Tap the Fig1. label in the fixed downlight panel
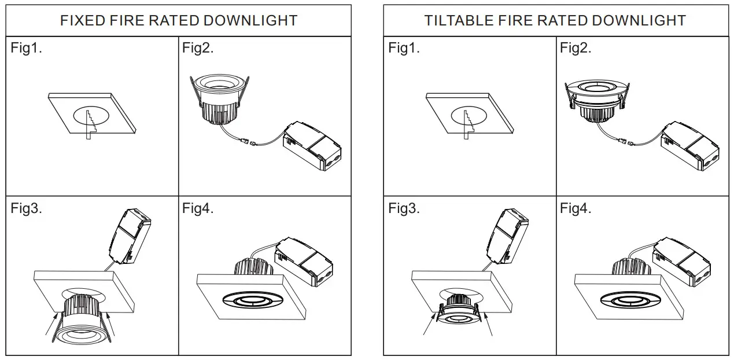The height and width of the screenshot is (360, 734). click(x=27, y=48)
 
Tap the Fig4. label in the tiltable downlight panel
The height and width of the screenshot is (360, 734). click(x=576, y=208)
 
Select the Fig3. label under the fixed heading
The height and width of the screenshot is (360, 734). click(x=27, y=208)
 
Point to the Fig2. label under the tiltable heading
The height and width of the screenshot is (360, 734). click(x=576, y=48)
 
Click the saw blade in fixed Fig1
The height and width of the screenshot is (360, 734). click(x=88, y=123)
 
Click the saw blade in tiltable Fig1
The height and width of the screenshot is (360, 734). click(x=466, y=123)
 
